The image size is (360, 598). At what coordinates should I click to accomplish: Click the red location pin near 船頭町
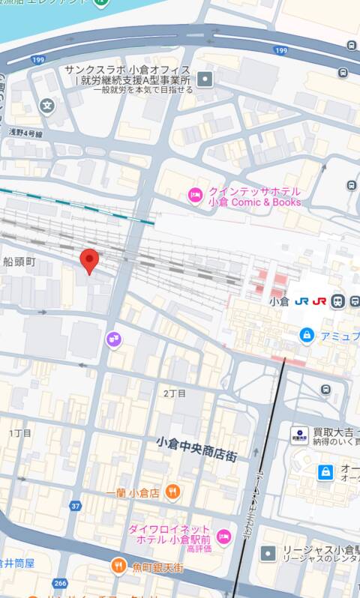pos(90,261)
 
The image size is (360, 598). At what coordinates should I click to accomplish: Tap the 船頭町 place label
pos(19,261)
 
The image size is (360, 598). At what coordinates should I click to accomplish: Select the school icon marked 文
pos(48,105)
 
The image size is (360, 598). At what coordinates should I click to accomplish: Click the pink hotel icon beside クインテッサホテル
pos(195,196)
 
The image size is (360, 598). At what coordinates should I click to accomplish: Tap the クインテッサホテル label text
pos(254,191)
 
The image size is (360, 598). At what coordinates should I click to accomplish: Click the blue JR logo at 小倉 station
pos(302,301)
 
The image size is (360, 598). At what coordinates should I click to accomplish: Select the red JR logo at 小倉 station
pos(319,301)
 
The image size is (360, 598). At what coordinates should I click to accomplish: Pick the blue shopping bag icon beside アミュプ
pos(306,336)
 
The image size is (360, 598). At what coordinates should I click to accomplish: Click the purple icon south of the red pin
pos(113,339)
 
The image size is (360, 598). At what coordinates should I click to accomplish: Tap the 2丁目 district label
pos(174,393)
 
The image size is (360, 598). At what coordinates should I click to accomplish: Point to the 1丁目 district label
pos(20,433)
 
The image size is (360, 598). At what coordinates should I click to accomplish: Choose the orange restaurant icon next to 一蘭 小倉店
pos(173,492)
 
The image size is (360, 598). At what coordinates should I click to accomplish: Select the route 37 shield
pos(75,506)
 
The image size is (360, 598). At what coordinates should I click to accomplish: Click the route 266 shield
pos(60,582)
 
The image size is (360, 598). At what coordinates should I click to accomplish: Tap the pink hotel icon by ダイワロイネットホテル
pos(223,536)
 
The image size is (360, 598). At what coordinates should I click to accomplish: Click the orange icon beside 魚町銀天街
pos(118,566)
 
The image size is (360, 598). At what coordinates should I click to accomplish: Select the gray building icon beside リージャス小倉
pos(268,553)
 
